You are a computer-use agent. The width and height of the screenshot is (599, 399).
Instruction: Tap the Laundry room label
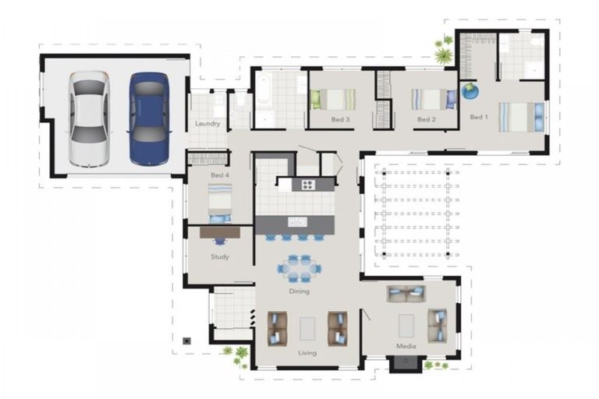207,124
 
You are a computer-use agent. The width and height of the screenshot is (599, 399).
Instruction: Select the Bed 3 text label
340,119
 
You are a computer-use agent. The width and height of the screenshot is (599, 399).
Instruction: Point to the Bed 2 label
425,119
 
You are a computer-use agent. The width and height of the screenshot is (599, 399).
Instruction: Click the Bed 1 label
478,117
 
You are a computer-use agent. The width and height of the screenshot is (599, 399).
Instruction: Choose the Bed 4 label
219,175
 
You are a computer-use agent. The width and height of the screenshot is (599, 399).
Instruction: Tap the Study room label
219,256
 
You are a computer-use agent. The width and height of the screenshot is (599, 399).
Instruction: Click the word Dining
299,291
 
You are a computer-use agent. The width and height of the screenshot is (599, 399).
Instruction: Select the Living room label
307,353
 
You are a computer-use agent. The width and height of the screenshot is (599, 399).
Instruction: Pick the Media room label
406,345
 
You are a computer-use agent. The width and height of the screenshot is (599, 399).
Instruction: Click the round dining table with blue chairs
299,267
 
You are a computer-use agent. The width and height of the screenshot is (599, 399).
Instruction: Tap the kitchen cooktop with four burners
307,185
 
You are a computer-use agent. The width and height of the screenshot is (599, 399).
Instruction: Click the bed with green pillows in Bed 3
333,100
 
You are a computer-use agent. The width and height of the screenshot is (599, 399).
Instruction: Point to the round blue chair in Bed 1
470,91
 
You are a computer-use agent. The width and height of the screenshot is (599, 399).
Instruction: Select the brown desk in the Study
220,231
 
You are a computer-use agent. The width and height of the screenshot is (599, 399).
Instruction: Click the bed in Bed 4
220,201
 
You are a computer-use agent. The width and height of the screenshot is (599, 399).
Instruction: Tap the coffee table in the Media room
406,325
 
